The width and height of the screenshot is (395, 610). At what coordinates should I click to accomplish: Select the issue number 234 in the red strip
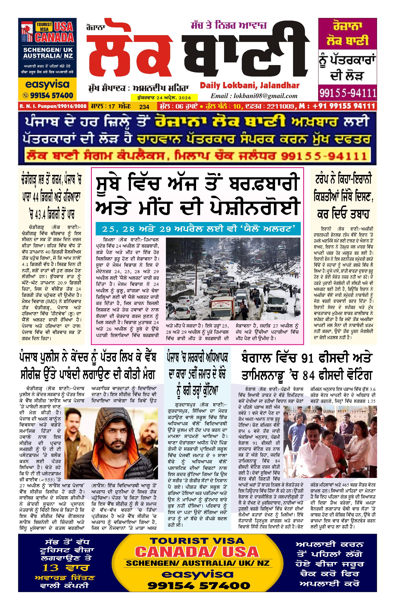(x=144, y=107)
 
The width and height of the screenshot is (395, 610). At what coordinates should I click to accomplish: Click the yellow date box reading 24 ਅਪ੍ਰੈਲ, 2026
(x=164, y=98)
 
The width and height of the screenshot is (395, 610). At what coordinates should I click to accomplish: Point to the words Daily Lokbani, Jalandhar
(x=249, y=85)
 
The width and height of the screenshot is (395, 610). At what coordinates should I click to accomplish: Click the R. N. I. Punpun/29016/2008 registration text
(x=53, y=106)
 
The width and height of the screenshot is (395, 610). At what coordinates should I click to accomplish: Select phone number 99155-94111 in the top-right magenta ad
(x=347, y=93)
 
